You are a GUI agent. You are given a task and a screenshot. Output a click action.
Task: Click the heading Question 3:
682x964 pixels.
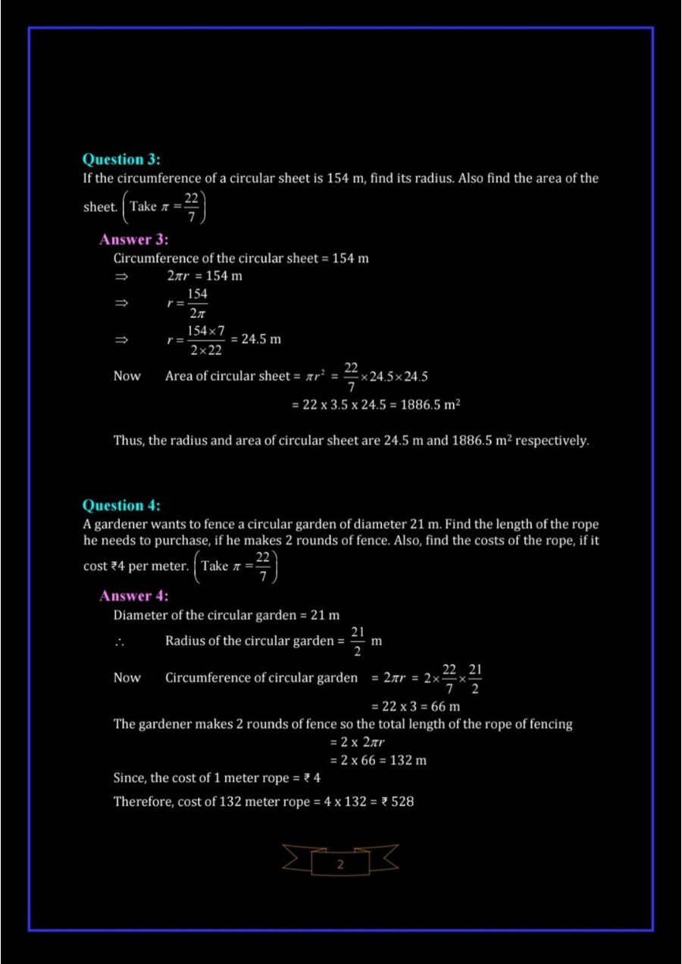coord(121,160)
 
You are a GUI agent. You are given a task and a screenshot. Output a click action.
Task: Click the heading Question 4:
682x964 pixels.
coord(121,505)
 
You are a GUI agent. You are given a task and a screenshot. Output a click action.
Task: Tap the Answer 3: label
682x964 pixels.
coord(134,240)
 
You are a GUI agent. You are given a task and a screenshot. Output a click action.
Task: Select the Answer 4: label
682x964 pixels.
coord(134,596)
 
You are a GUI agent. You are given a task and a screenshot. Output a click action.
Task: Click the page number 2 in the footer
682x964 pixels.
coord(339,864)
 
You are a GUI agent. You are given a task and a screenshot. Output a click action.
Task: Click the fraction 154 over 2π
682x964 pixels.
coord(197,302)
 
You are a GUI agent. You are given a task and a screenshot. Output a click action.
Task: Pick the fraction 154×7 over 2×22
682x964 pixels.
coord(206,340)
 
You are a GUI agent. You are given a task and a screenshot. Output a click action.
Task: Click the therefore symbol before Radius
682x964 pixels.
coord(120,642)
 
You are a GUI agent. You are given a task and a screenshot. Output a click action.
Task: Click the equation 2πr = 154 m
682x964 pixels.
coord(205,276)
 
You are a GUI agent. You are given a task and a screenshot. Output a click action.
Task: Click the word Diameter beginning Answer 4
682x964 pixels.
coord(140,616)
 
